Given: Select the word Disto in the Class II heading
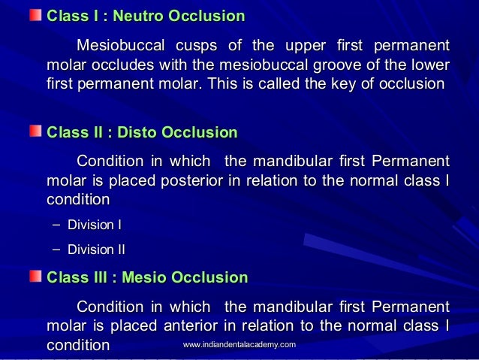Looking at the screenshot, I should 138,133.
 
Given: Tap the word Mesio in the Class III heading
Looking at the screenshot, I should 144,278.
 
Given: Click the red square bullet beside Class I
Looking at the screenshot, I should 35,15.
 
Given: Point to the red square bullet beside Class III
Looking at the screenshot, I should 35,277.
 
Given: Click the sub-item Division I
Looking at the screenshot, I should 95,225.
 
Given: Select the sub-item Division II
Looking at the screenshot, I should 96,250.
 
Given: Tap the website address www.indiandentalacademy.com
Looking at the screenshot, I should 239,344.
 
